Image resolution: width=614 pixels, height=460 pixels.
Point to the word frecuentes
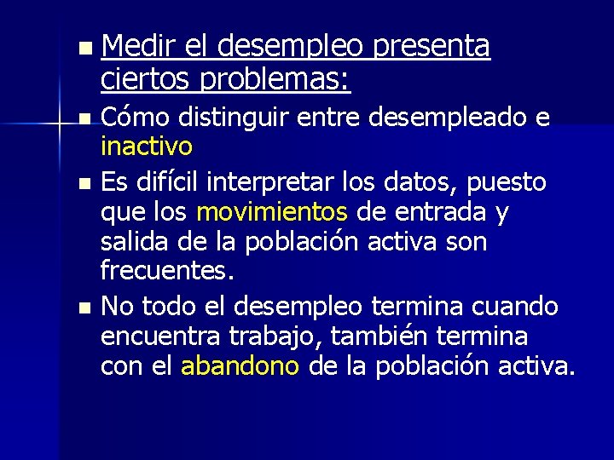pos(167,273)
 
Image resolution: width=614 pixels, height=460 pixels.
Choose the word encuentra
pos(156,336)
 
